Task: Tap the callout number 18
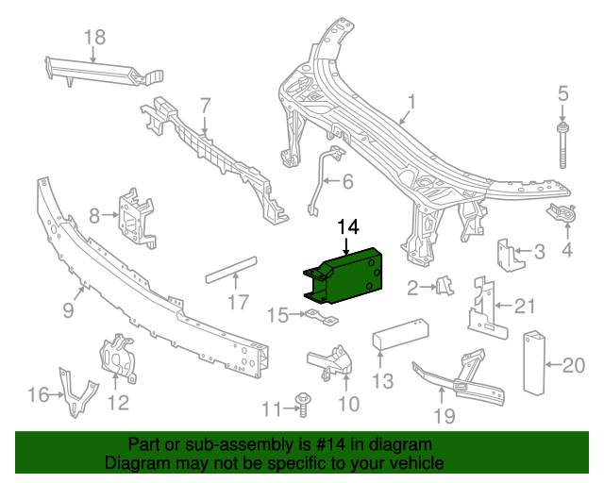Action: [94, 38]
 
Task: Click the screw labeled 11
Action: [303, 404]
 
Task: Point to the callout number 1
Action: [411, 101]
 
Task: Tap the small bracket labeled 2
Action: [443, 284]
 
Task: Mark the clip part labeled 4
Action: [564, 215]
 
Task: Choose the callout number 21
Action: [525, 305]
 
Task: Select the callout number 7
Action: [204, 104]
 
